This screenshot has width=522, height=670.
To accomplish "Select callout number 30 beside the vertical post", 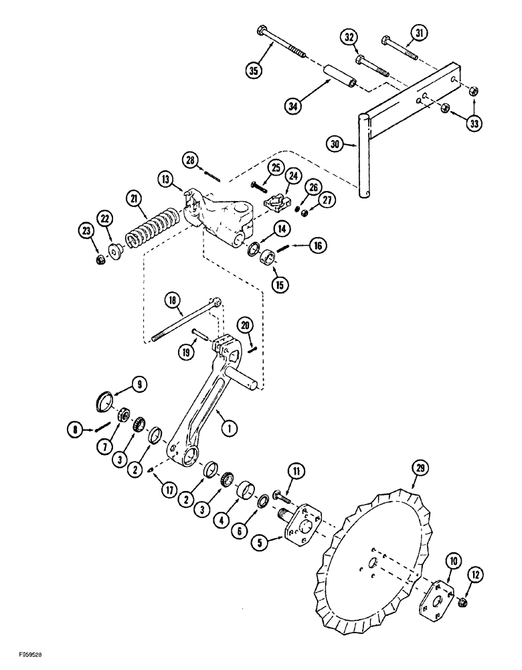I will coord(337,143).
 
